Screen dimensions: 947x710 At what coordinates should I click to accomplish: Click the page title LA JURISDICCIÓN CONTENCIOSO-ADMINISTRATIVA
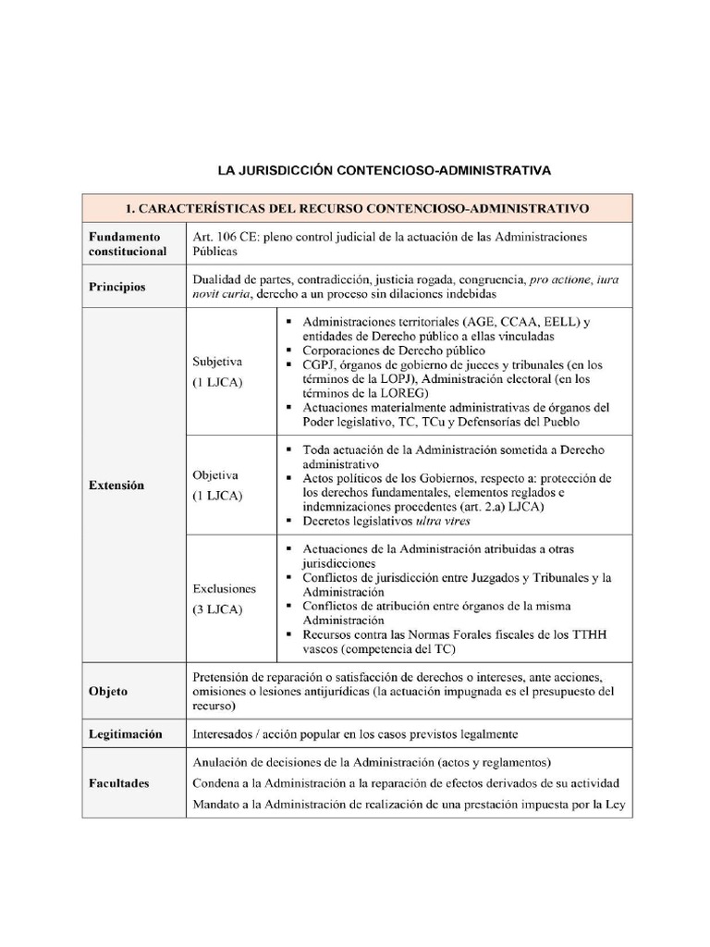click(x=384, y=171)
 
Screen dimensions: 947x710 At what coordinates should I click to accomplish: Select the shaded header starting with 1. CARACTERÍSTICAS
click(x=357, y=208)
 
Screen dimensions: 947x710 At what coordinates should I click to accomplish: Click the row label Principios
click(x=117, y=287)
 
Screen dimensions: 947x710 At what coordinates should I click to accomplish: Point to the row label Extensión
click(x=116, y=485)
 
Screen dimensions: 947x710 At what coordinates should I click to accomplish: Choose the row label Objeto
click(x=108, y=691)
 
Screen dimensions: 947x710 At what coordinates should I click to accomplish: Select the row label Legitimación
click(x=126, y=733)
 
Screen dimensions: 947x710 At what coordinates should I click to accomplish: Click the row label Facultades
click(x=119, y=782)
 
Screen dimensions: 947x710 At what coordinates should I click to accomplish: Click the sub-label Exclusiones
click(x=225, y=588)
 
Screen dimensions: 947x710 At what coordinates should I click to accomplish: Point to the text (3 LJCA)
click(x=217, y=609)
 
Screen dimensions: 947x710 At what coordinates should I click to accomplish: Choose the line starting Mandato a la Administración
click(x=409, y=804)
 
